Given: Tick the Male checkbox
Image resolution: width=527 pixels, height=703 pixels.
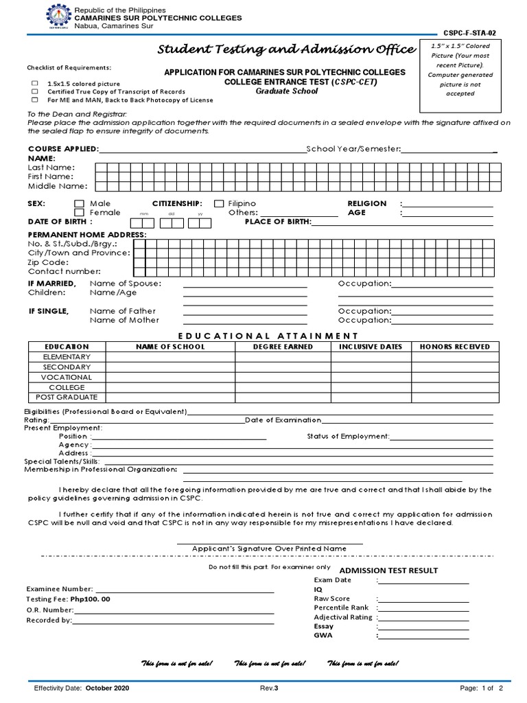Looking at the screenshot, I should pyautogui.click(x=79, y=204).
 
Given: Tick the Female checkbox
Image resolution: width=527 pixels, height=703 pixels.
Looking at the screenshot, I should pyautogui.click(x=79, y=213).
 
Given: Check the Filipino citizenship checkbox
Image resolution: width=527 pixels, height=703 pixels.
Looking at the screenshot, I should pyautogui.click(x=219, y=204).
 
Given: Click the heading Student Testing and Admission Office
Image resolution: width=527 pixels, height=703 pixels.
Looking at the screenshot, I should pyautogui.click(x=287, y=49).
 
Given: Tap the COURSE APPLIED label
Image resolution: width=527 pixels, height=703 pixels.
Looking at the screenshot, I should pyautogui.click(x=63, y=149).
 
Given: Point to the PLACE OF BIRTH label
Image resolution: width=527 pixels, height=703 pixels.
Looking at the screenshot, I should pyautogui.click(x=278, y=222).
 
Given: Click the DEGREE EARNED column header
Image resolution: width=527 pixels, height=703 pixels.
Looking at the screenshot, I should pyautogui.click(x=283, y=347).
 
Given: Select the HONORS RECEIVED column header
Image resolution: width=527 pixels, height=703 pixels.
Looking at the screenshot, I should pyautogui.click(x=454, y=347).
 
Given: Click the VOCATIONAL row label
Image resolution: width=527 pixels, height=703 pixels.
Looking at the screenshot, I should pyautogui.click(x=66, y=377).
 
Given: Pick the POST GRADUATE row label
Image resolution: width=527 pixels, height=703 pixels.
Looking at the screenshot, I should pyautogui.click(x=66, y=397).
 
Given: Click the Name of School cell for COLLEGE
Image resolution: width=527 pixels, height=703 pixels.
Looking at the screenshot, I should pyautogui.click(x=170, y=387).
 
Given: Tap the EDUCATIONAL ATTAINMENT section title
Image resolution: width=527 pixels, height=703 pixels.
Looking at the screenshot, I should pyautogui.click(x=268, y=336).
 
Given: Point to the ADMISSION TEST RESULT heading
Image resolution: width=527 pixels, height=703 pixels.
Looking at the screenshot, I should pyautogui.click(x=388, y=571).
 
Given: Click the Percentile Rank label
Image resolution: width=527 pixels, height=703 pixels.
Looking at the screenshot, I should pyautogui.click(x=341, y=608).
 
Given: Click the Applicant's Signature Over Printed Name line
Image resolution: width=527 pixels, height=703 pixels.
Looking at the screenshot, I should pyautogui.click(x=268, y=549).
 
